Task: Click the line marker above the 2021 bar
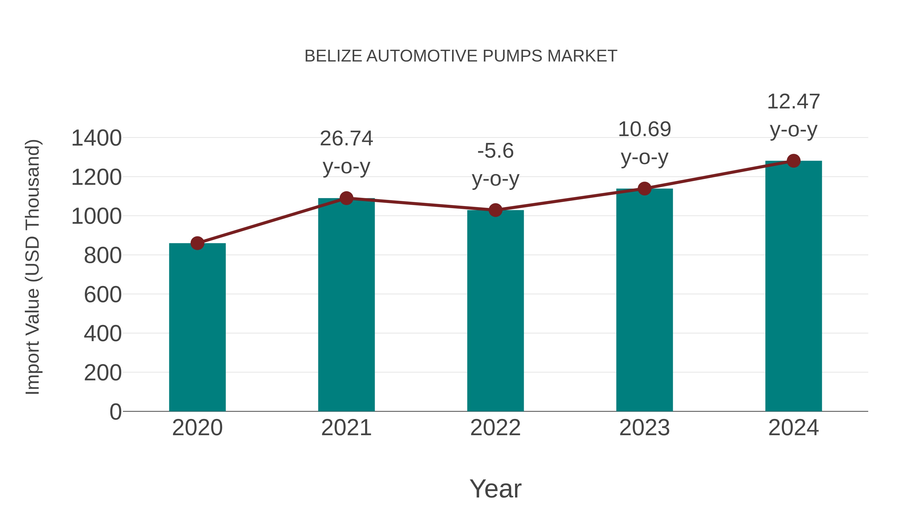[346, 198]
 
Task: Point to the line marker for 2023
[644, 188]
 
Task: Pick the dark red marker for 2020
[197, 243]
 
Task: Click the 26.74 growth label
[346, 139]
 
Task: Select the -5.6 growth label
[495, 151]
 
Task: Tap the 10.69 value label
[644, 129]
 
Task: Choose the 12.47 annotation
[793, 102]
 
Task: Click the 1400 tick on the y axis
[96, 138]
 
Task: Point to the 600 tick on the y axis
[103, 295]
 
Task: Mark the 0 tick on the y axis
[115, 412]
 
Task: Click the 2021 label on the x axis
[346, 428]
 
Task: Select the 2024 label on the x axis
[793, 428]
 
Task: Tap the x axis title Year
[495, 489]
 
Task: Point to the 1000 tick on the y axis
[96, 217]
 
